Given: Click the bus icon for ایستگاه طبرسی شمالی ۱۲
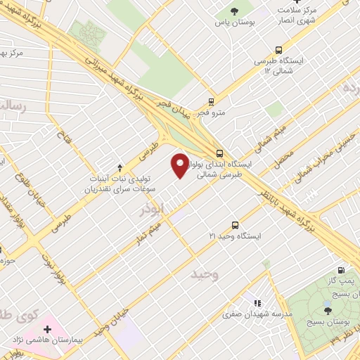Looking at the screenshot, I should click(279, 50).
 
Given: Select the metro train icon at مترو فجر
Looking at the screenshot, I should click(211, 102).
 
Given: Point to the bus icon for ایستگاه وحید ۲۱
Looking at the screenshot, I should click(235, 225).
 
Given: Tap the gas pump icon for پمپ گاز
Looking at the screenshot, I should click(341, 270).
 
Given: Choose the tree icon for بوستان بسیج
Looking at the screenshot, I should click(327, 310).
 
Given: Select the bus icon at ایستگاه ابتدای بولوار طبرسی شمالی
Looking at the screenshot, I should click(220, 153).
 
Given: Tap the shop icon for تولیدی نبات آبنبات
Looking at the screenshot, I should click(120, 167).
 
